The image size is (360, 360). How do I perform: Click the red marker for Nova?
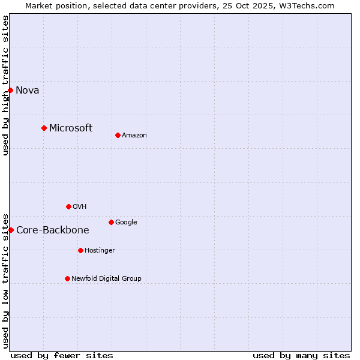tap(11, 90)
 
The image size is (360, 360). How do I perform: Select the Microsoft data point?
tap(44, 128)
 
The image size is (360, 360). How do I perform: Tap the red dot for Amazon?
tap(118, 135)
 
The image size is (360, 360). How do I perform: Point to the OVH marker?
tap(68, 206)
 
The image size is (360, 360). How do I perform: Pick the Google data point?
tap(111, 222)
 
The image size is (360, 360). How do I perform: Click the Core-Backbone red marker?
tap(11, 230)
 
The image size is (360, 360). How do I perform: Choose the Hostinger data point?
tap(80, 250)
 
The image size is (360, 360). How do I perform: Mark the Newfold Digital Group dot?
tap(67, 278)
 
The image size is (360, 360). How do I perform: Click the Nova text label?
tap(28, 91)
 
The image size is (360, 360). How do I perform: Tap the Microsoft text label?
tap(71, 128)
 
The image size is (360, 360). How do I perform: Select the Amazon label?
tap(134, 136)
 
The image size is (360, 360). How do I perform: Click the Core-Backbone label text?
tap(53, 230)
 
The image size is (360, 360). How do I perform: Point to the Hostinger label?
tap(100, 251)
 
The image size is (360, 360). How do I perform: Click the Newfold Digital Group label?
tap(106, 278)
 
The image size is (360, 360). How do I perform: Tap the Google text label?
tap(126, 223)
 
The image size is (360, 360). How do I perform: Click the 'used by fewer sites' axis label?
tap(62, 355)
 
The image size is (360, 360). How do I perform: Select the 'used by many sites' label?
tap(301, 355)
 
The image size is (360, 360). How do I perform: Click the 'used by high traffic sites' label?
tap(6, 85)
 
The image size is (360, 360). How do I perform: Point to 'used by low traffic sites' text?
tap(6, 280)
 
